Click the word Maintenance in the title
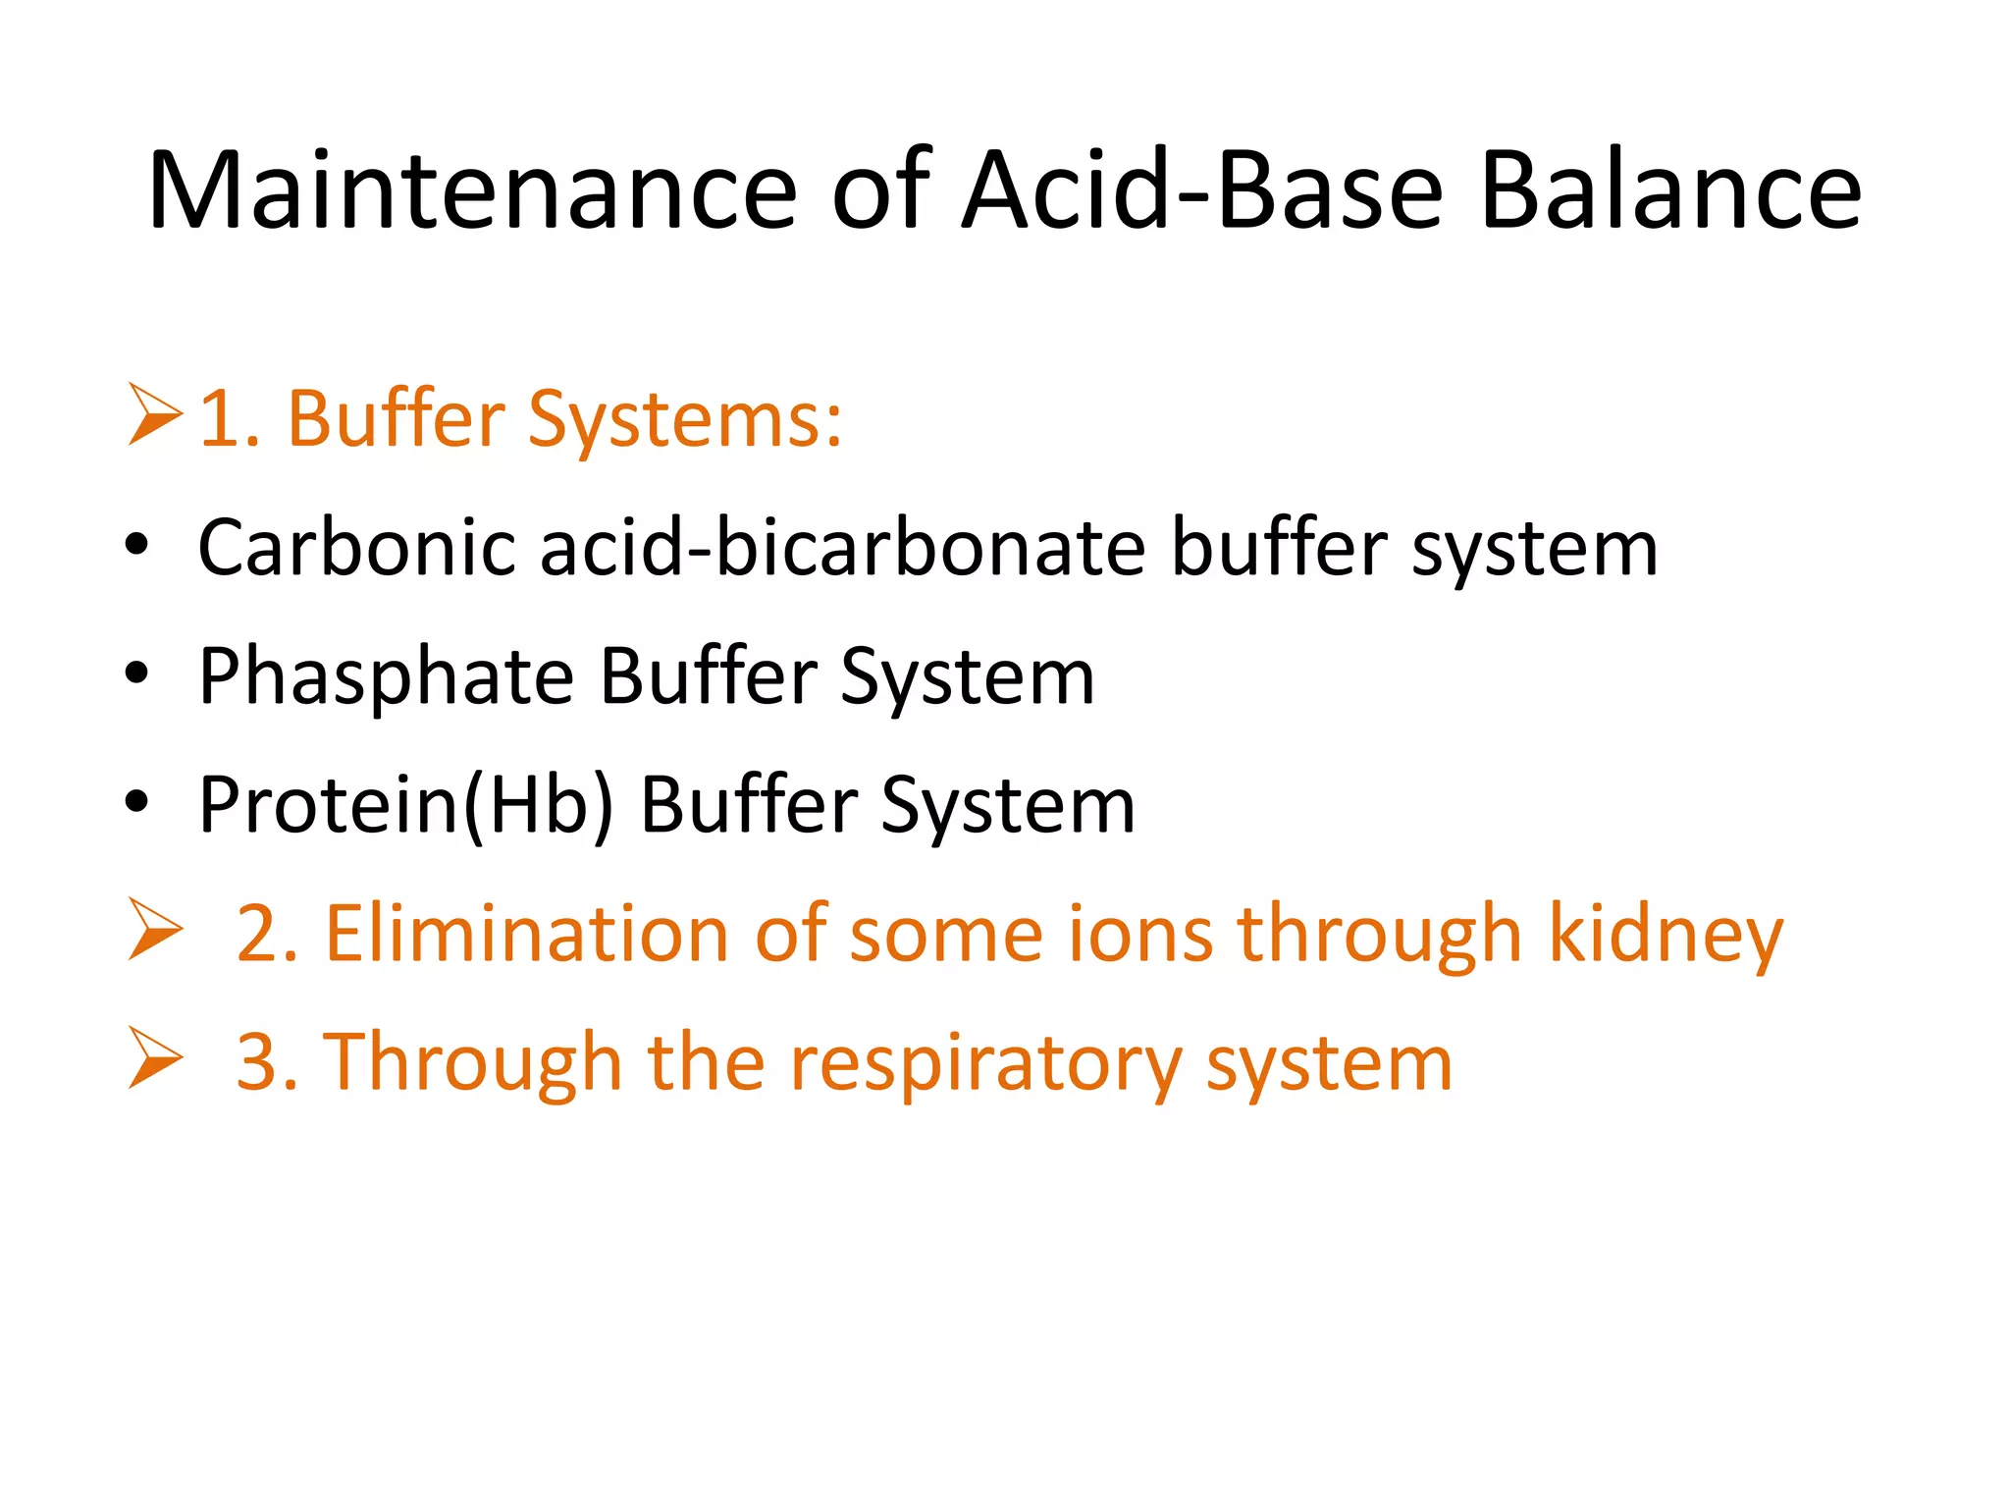tap(472, 190)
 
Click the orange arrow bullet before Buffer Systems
tap(154, 416)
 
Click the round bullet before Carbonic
tap(136, 546)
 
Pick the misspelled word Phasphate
tap(386, 677)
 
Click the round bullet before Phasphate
tap(136, 673)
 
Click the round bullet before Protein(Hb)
tap(136, 802)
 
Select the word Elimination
tap(527, 934)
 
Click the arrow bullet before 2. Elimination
tap(154, 930)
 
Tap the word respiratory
tap(985, 1064)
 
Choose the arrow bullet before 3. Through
tap(154, 1058)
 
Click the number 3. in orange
tap(267, 1063)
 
